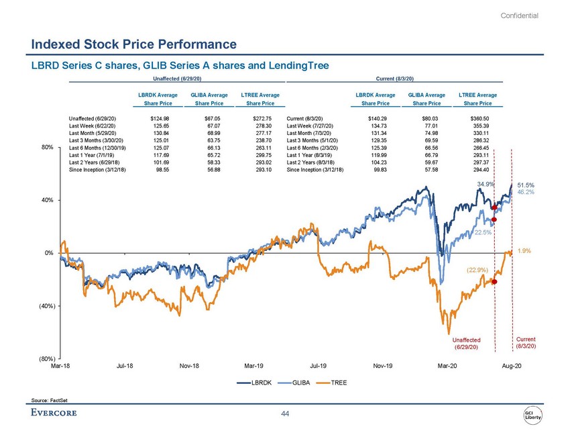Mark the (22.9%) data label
coord(481,270)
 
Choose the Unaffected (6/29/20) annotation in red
coord(466,343)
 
